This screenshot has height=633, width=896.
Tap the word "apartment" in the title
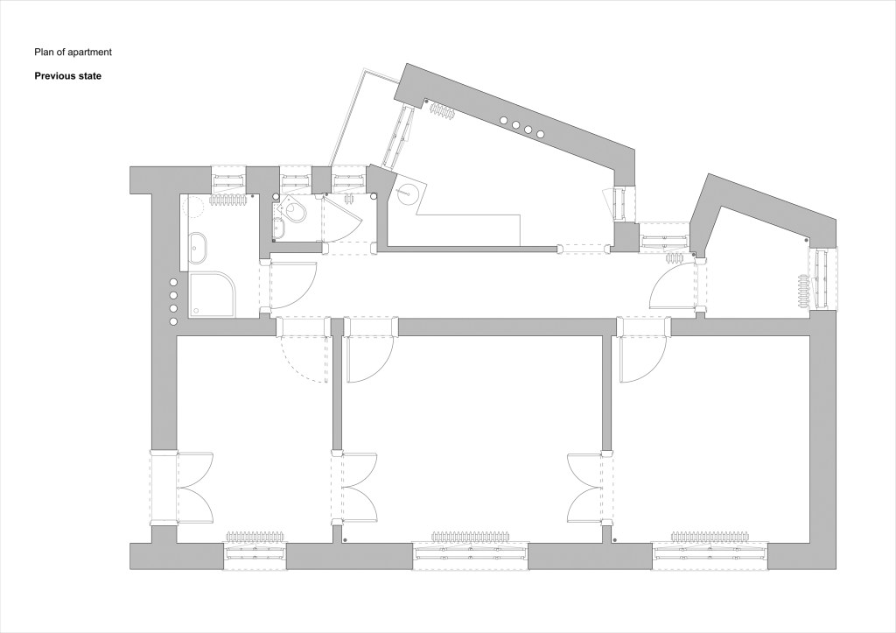90,52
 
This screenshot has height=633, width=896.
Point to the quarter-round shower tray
213,294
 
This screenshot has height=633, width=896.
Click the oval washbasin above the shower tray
199,248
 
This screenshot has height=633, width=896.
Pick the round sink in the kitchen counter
406,192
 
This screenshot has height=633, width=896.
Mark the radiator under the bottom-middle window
469,537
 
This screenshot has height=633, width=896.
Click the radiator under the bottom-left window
255,537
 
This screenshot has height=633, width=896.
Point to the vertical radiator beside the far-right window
804,291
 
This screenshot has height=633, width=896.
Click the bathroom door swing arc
293,285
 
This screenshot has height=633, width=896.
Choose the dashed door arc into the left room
303,359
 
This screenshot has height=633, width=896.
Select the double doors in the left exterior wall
195,488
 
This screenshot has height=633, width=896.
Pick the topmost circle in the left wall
173,283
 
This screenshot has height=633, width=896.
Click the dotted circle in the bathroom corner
193,206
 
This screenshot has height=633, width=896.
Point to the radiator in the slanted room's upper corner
442,110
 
